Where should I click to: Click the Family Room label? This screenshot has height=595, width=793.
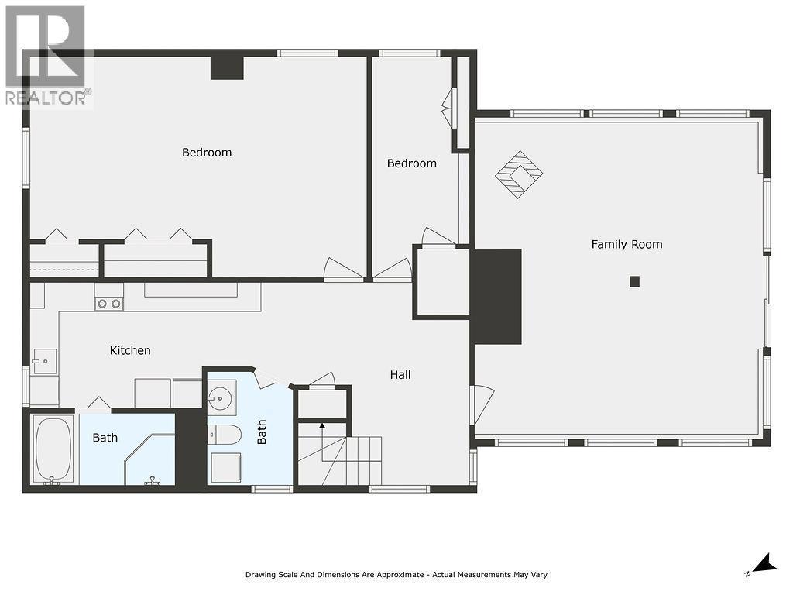[627, 244]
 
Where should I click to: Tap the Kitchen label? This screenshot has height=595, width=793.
[130, 350]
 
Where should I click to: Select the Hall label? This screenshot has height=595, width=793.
[400, 374]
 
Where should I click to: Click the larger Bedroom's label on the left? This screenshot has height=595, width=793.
[207, 152]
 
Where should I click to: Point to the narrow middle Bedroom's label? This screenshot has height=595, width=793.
[411, 163]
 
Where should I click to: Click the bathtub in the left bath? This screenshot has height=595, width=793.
[53, 449]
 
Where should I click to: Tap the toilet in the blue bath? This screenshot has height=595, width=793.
[224, 435]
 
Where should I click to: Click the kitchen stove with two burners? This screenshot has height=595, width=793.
[108, 304]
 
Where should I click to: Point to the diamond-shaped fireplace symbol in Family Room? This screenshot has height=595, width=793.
[519, 174]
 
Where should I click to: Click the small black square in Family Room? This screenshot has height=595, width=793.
[634, 281]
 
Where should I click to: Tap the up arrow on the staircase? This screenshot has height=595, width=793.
[322, 428]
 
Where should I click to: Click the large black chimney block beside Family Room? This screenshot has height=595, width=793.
[496, 296]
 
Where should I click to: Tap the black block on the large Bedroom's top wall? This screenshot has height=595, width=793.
[227, 67]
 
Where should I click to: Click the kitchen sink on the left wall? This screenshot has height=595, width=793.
[44, 361]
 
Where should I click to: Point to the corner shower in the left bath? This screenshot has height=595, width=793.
[150, 462]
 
